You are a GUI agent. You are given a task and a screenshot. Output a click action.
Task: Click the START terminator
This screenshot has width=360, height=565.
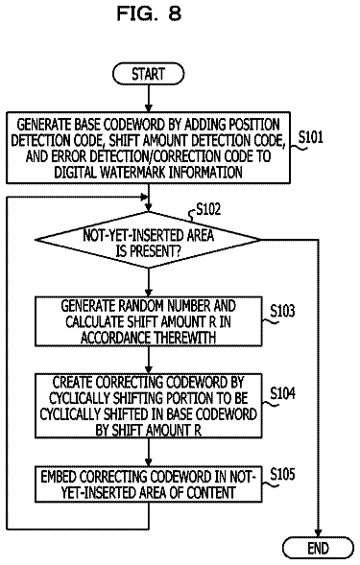(148, 74)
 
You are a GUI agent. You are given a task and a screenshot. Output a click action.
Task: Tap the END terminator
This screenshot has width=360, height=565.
(318, 548)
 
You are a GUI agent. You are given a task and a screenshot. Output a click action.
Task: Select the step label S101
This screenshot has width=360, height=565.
(311, 137)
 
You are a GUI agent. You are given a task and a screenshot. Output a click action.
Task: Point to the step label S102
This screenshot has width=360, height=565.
(208, 209)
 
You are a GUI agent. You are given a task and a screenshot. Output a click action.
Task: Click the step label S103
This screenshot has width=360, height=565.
(282, 311)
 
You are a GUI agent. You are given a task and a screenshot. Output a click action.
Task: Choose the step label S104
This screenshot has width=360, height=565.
(282, 393)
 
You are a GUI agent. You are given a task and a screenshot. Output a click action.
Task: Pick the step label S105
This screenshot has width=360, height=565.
(282, 474)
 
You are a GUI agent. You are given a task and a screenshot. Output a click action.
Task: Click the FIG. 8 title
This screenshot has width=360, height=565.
(149, 13)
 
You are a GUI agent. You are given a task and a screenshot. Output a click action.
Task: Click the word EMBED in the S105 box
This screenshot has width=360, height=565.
(58, 477)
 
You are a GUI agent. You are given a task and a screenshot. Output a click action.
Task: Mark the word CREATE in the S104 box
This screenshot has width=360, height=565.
(73, 383)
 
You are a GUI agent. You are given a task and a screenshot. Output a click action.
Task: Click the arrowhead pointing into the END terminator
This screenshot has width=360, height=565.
(318, 533)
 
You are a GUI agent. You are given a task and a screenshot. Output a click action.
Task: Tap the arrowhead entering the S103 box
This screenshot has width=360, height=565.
(148, 293)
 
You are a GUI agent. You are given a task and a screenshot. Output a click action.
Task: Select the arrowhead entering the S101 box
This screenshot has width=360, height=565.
(148, 107)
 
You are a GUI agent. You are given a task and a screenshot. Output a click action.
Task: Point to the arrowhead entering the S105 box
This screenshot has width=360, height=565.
(148, 462)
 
